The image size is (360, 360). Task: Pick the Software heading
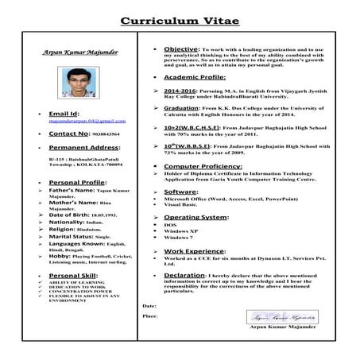(180, 192)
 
